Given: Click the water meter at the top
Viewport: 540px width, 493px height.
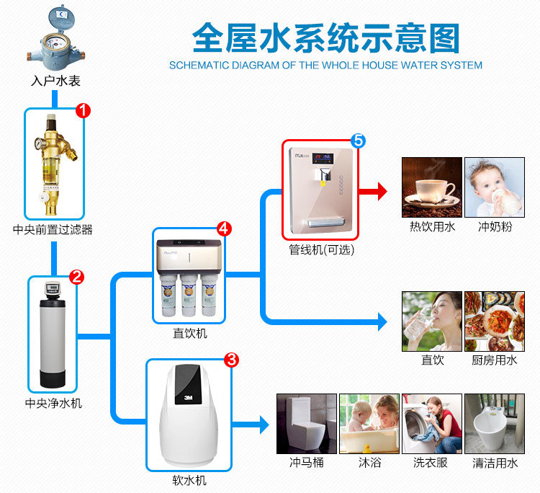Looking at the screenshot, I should point(55,36).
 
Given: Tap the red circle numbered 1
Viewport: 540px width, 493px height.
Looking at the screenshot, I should point(84,111).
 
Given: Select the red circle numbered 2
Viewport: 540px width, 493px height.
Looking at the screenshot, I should point(76,276).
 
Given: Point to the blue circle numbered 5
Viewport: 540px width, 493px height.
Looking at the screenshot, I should point(359,141).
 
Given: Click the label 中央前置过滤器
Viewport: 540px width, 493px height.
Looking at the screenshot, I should point(53,230).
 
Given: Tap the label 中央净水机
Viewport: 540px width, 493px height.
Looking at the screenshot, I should point(53,402).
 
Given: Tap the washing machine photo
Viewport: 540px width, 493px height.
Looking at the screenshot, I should point(431,423).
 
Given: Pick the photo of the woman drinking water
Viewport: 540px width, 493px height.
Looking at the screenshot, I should point(431,321).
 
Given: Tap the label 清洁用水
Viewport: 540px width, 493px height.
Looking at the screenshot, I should point(494,463).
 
